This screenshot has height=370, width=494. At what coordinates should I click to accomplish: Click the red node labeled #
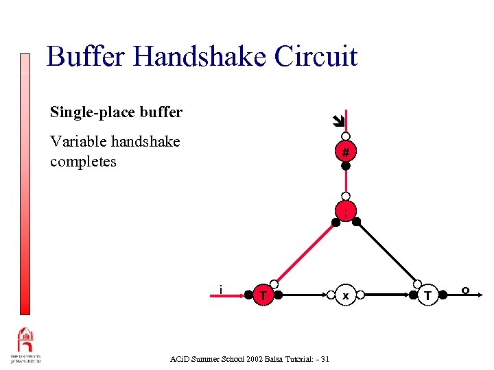346,151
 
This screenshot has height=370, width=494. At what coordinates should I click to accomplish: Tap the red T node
263,295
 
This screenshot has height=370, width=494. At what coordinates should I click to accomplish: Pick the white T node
427,295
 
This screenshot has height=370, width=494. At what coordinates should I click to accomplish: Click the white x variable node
346,295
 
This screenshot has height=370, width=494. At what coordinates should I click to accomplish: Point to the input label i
220,288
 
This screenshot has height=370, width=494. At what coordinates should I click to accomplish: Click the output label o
465,291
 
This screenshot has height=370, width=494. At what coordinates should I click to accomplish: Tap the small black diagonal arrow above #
336,122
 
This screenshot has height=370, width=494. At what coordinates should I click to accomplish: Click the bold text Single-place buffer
116,112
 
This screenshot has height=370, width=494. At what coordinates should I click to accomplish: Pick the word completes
83,162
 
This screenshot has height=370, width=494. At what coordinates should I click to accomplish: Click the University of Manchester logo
26,346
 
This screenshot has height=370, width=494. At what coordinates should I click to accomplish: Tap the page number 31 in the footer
324,359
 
